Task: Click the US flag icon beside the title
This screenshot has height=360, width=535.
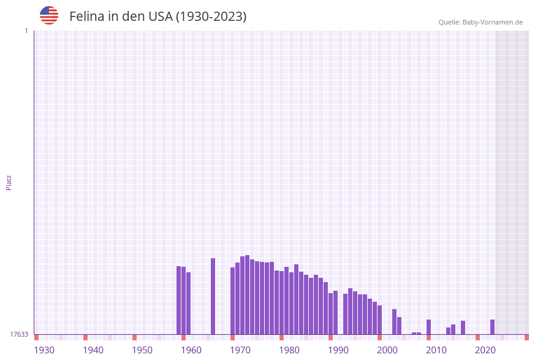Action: (x=49, y=15)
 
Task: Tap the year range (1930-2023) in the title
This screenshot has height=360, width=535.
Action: (x=211, y=17)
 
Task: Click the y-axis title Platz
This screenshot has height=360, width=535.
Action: (x=9, y=182)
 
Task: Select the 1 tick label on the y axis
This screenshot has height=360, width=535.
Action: (x=26, y=31)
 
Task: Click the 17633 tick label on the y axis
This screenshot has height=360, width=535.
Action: (x=19, y=334)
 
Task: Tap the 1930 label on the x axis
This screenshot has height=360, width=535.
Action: (x=44, y=350)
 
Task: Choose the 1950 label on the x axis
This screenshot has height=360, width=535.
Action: (x=142, y=350)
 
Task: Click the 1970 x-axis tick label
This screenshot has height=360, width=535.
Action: (x=240, y=350)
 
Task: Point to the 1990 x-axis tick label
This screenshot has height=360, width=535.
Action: (x=338, y=350)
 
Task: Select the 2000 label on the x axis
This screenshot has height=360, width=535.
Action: (x=387, y=350)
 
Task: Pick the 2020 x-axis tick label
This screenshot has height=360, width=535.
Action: (x=485, y=350)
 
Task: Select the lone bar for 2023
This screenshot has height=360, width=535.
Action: (x=492, y=327)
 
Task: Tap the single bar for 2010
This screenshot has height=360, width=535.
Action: (x=428, y=327)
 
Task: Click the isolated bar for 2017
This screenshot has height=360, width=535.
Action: (x=463, y=327)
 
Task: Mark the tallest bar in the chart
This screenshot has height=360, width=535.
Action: (x=247, y=294)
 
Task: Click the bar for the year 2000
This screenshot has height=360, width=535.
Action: (x=379, y=320)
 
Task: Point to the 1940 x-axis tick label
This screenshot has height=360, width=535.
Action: (x=93, y=350)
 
